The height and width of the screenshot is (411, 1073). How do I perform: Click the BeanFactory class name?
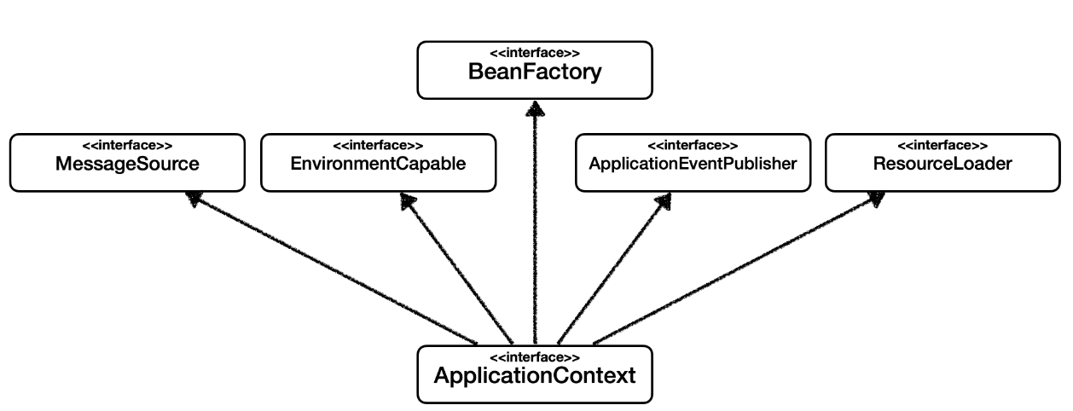click(x=535, y=72)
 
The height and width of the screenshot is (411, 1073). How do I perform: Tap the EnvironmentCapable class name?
click(x=378, y=164)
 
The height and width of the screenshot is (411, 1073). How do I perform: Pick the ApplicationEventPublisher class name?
click(x=693, y=164)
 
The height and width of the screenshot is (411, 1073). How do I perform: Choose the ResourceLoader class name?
click(x=942, y=164)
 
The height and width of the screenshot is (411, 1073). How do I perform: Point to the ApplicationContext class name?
click(x=535, y=375)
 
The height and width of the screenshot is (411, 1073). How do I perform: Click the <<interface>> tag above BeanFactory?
click(x=535, y=53)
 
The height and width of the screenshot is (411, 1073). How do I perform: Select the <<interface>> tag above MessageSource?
click(x=127, y=145)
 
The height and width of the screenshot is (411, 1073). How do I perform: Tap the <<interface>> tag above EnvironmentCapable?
click(x=378, y=145)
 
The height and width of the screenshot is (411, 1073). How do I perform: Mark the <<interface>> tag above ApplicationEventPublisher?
click(x=693, y=145)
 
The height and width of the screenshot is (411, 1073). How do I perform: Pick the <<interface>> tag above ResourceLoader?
click(x=942, y=145)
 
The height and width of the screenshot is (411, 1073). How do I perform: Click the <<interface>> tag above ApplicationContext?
click(x=535, y=356)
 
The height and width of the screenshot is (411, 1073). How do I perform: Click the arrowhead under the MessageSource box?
click(x=194, y=199)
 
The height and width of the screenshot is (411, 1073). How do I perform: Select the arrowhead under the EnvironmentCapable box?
click(x=408, y=200)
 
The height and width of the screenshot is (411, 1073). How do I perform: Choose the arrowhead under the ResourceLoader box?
click(x=875, y=199)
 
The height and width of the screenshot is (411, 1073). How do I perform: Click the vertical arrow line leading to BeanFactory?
click(x=535, y=230)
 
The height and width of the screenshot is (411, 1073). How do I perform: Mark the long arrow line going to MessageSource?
click(x=333, y=269)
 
